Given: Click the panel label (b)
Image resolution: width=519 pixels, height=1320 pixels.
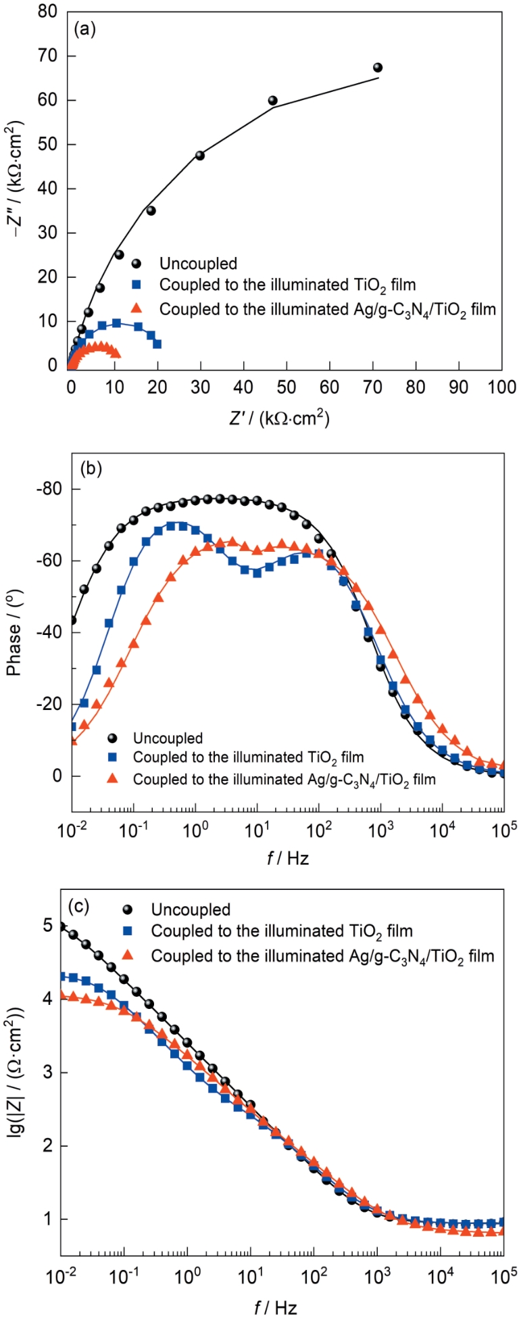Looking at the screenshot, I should pyautogui.click(x=91, y=468).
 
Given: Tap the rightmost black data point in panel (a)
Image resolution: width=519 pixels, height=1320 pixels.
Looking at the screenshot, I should pyautogui.click(x=378, y=68).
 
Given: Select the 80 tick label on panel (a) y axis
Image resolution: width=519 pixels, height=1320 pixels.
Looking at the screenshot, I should pyautogui.click(x=47, y=12).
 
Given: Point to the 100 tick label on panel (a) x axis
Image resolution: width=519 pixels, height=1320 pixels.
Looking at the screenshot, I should pyautogui.click(x=501, y=387).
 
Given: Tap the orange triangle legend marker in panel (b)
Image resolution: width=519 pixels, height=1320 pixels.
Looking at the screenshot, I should pyautogui.click(x=113, y=779).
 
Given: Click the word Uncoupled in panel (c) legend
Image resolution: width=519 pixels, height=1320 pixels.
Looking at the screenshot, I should pyautogui.click(x=191, y=910).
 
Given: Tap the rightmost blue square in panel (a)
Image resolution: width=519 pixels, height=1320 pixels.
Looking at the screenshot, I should pyautogui.click(x=157, y=344).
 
